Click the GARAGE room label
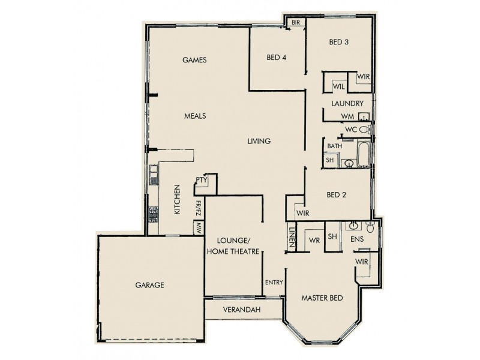tap(149, 285)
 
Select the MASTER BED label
tap(323, 298)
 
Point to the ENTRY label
tap(274, 282)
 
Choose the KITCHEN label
tap(178, 199)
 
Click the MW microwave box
tap(197, 228)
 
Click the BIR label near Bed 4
tap(296, 22)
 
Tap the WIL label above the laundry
tap(338, 86)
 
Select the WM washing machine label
tap(347, 116)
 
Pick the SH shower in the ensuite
tap(332, 236)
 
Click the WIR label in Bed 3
tap(362, 77)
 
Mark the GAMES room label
tap(194, 60)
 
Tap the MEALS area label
tap(196, 116)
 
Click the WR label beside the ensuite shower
tap(313, 241)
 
